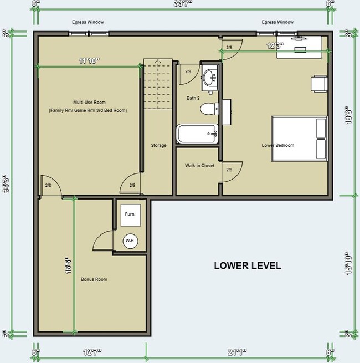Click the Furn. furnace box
tap(130, 214)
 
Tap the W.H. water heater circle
tap(130, 241)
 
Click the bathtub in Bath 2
tap(197, 134)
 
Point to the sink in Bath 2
tap(210, 78)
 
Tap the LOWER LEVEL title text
tap(248, 265)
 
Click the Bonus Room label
tap(94, 279)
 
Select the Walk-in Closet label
tap(199, 166)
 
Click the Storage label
tap(159, 145)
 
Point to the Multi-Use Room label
tap(89, 102)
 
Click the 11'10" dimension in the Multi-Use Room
tap(88, 61)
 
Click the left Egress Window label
tap(88, 22)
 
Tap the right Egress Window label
tap(277, 22)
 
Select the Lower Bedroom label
tap(278, 145)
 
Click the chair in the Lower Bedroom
tap(318, 83)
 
